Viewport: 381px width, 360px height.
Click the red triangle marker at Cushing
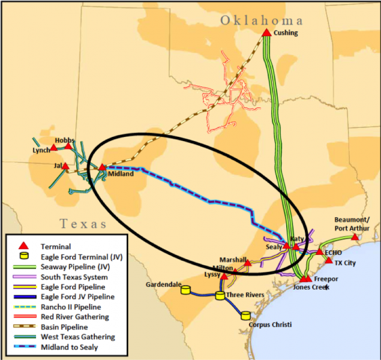pos(266,32)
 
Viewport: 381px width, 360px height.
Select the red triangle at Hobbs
pos(68,146)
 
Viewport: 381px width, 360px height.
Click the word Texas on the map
pos(83,224)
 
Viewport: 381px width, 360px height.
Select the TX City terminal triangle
pos(329,260)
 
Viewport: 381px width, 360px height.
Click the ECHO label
pos(333,253)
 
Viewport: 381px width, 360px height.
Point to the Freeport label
pos(326,279)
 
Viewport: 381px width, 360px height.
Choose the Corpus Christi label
pos(270,325)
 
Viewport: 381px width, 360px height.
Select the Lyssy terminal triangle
pos(224,277)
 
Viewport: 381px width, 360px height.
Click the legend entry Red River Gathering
pos(75,317)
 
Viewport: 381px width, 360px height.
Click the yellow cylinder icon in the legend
pos(24,257)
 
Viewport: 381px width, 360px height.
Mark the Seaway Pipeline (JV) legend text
pos(74,267)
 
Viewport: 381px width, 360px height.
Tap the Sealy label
pos(273,247)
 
